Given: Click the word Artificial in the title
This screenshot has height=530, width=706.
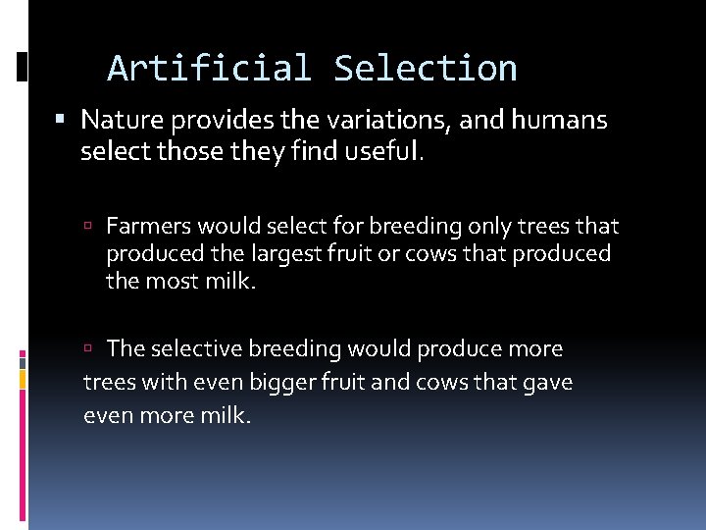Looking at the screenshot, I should [209, 69].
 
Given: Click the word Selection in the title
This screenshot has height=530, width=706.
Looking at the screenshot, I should [425, 69].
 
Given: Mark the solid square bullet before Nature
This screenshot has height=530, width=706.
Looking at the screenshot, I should [62, 121].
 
